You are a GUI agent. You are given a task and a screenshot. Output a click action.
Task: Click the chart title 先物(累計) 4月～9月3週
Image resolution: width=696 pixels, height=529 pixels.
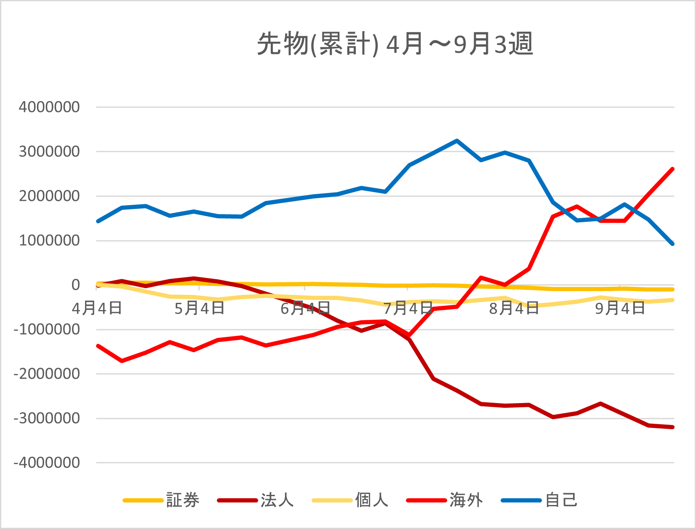click(395, 44)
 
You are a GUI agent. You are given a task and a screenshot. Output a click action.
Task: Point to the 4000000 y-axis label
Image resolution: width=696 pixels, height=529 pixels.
click(49, 107)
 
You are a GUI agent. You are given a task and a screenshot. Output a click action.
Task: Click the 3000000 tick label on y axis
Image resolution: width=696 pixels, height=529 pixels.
click(49, 152)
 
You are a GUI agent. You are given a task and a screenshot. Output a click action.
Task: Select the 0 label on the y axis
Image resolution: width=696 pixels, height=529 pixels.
click(75, 285)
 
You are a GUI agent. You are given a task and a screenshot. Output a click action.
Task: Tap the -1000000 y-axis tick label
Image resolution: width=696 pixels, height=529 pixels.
click(47, 329)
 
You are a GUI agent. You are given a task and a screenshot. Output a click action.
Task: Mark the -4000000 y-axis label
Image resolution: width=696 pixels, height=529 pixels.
click(47, 463)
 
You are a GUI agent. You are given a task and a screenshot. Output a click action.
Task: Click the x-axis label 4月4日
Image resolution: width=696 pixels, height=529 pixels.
click(97, 308)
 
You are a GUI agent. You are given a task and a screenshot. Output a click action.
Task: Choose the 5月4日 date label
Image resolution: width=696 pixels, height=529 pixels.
click(199, 308)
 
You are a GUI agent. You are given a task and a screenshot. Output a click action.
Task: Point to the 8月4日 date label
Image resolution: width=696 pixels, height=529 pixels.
click(514, 308)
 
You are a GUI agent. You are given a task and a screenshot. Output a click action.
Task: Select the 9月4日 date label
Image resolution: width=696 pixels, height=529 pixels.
click(620, 308)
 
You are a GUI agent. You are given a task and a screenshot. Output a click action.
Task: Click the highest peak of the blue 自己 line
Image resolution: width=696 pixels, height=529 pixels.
click(457, 141)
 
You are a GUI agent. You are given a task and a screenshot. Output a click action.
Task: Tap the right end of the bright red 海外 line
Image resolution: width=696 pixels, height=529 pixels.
click(672, 169)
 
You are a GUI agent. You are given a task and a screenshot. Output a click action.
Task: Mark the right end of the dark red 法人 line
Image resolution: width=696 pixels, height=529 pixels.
click(672, 427)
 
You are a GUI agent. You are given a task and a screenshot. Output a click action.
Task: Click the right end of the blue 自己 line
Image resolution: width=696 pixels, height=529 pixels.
click(672, 244)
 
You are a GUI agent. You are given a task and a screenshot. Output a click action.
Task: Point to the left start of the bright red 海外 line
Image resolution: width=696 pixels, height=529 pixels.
click(98, 346)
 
